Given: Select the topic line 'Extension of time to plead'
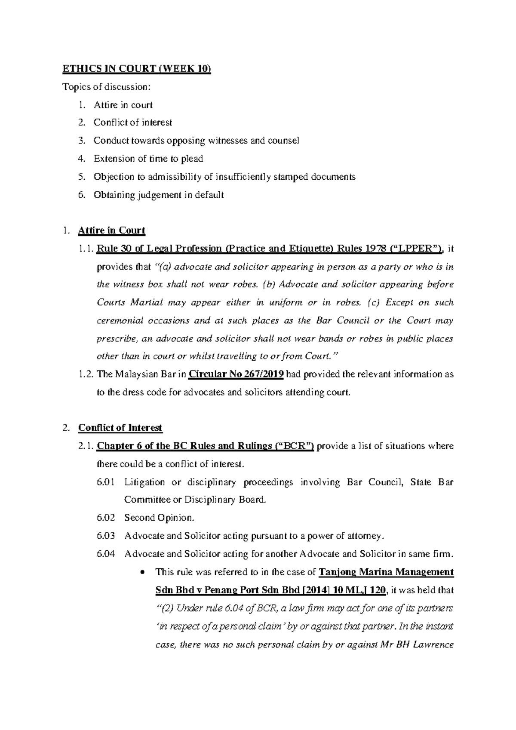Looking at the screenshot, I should tap(148, 159).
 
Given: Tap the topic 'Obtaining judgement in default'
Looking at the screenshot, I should tap(159, 195).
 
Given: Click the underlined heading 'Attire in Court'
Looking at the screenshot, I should tap(111, 230).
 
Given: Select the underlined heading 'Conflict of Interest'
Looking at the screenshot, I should tap(120, 428).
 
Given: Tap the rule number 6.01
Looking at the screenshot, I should tap(106, 482).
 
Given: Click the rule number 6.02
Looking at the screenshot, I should tap(106, 518).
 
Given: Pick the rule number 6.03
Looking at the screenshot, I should tap(106, 536).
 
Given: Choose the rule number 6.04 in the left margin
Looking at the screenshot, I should tap(106, 554).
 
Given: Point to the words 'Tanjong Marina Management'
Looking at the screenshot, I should tap(386, 572).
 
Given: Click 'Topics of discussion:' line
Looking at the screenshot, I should tap(107, 87).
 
